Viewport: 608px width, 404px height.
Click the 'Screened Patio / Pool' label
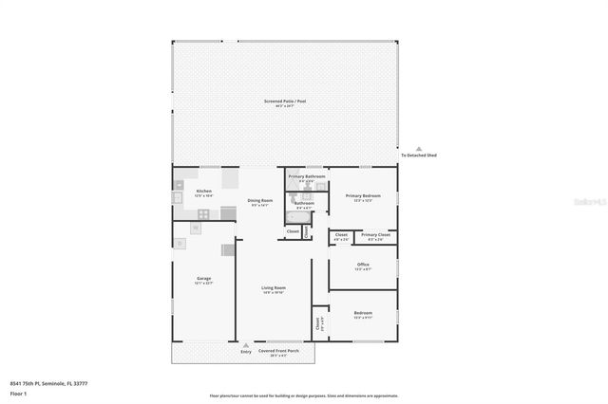[x=284, y=101]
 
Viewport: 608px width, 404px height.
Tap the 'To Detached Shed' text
[x=418, y=156]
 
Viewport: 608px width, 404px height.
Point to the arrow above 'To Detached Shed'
[x=418, y=148]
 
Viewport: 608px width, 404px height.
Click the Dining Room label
[x=260, y=201]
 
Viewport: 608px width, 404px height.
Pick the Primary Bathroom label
[x=307, y=177]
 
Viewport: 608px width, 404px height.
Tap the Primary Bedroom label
[x=363, y=197]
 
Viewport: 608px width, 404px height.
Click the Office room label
[x=363, y=266]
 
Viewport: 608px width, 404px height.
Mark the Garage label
[x=203, y=280]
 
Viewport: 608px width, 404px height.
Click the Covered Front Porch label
[x=278, y=351]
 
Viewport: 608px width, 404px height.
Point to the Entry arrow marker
[x=246, y=343]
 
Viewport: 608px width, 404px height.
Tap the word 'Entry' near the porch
[x=246, y=351]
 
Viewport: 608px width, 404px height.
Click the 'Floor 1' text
[x=18, y=393]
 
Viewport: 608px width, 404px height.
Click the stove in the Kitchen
[x=178, y=198]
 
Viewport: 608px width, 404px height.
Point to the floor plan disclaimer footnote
[x=303, y=395]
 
